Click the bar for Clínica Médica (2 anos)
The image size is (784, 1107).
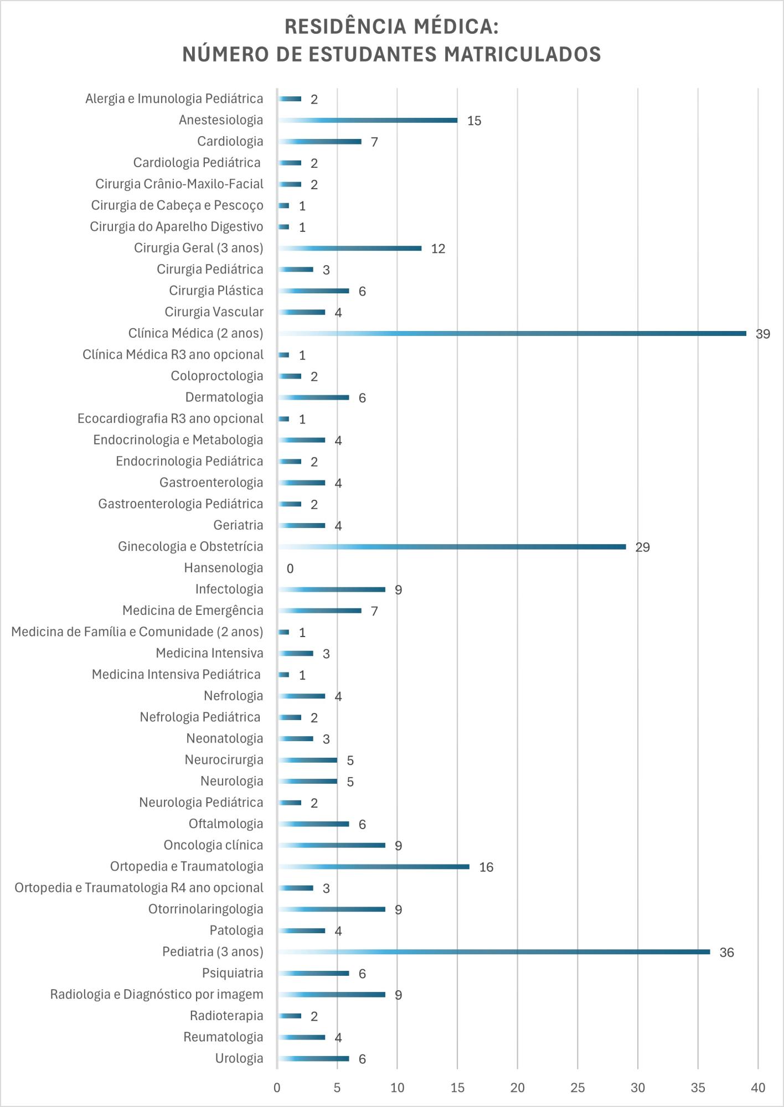point(512,334)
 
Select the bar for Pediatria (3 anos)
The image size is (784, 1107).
point(493,952)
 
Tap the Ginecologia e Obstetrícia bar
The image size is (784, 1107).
point(451,547)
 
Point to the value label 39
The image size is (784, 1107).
point(762,334)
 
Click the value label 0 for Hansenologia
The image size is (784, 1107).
point(290,568)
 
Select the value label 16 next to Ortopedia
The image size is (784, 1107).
point(486,867)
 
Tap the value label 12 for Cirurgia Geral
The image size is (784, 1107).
point(437,249)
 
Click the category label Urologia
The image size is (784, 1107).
point(239,1058)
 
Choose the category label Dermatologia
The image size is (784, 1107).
point(224,397)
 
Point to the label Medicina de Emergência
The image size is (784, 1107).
point(193,611)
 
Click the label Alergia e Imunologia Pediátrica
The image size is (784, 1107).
point(174,99)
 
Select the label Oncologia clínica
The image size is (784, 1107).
point(213,845)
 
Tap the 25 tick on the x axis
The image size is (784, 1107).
point(577,1088)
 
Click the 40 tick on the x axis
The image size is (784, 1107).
point(757,1088)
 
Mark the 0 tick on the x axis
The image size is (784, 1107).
point(277,1088)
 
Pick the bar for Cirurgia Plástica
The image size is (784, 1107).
point(313,291)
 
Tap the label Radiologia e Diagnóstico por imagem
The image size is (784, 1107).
point(157,995)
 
